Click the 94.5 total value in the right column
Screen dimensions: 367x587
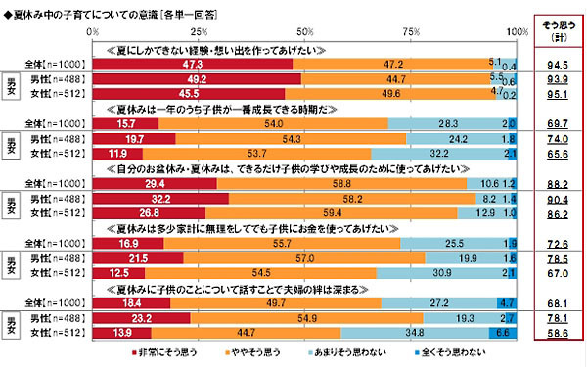pos(558,65)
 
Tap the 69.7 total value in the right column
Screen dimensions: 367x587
pos(558,126)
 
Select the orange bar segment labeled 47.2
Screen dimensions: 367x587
pos(395,65)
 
